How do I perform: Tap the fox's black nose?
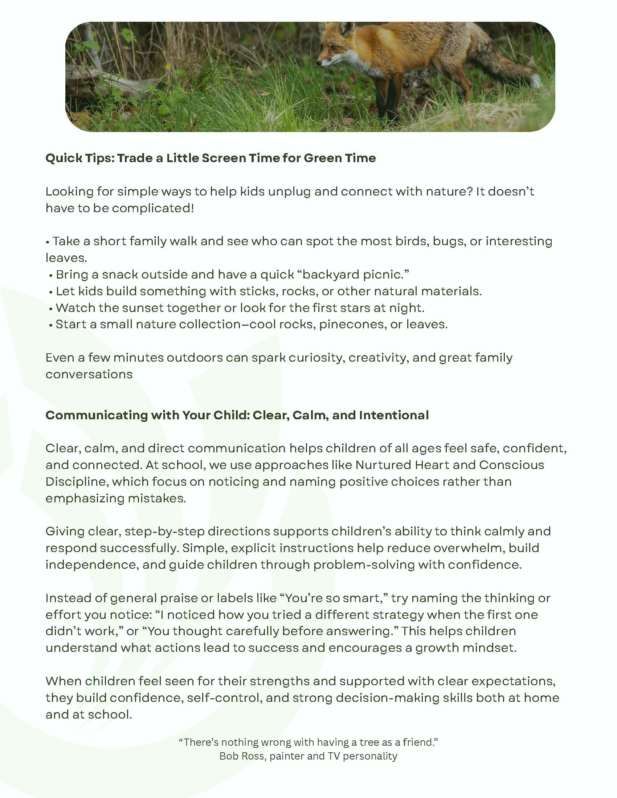coord(319,63)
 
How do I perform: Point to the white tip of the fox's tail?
coord(535,80)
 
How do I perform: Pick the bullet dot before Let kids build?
coord(51,292)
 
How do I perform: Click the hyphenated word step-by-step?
coord(164,531)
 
